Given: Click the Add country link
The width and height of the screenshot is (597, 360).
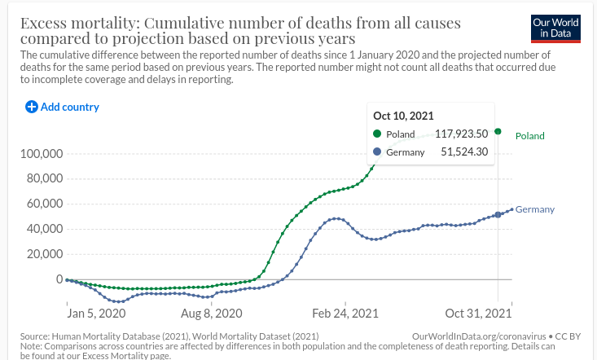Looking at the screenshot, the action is [63, 107].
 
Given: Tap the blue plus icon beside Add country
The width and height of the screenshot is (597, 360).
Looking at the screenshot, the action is [32, 107].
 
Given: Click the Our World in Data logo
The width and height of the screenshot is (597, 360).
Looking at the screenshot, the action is [555, 29].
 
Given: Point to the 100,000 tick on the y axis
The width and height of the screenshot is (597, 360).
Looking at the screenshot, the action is [42, 154].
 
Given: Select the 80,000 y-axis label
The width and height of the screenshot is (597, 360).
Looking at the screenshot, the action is [45, 178].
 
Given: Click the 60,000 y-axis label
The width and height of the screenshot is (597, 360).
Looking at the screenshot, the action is [45, 204].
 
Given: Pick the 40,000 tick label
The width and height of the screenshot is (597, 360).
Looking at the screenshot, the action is [45, 229].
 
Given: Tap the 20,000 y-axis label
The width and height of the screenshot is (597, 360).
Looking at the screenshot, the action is [45, 254].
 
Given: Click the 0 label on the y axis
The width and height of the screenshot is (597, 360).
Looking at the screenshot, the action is [59, 279].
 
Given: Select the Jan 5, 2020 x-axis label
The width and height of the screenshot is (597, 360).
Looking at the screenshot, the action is [96, 314].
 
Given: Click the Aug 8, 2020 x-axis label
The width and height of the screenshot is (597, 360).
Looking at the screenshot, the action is [211, 314].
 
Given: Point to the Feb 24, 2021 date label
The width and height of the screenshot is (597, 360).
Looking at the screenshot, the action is [345, 314].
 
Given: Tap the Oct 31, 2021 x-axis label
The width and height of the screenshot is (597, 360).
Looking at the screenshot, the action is [479, 314].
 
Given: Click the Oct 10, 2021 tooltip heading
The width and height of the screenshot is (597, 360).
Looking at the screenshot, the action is [403, 116].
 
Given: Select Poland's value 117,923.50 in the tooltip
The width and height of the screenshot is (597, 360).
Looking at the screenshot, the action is [462, 134].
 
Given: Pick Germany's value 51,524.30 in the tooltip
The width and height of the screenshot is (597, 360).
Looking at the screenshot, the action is [464, 151].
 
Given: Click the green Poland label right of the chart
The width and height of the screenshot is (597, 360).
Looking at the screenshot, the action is [530, 136].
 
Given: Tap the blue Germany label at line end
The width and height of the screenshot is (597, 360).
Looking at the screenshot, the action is [535, 209].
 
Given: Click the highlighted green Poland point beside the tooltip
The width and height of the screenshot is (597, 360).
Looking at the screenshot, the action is [498, 131].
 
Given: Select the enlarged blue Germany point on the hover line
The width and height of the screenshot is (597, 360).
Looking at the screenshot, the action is [498, 215].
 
